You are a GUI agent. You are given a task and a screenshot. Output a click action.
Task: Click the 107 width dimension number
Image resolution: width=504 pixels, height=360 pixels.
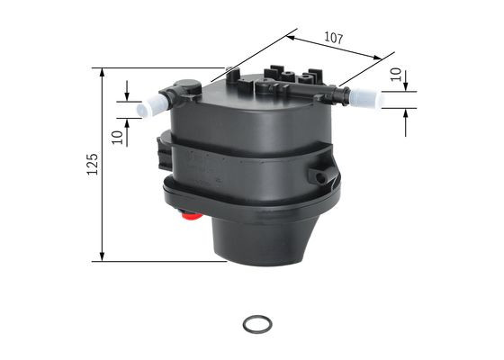(333, 39)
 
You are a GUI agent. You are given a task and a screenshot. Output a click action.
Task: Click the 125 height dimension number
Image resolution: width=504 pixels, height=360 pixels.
(91, 165)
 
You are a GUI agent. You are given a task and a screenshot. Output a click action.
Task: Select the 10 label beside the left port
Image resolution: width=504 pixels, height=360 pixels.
(117, 137)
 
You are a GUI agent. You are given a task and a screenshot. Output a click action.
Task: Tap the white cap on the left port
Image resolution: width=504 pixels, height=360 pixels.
(148, 107)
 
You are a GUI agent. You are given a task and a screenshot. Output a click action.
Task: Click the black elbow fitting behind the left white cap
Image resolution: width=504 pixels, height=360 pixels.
(176, 95)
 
